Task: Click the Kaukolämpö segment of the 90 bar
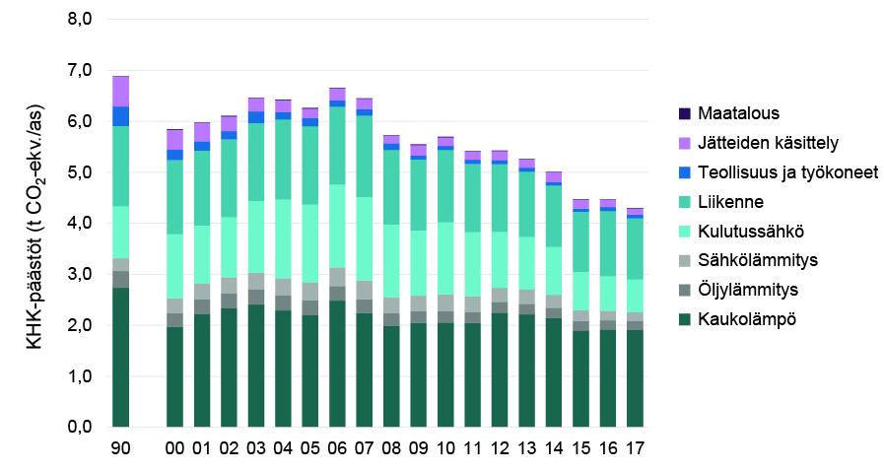pyautogui.click(x=120, y=357)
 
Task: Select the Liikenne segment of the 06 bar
pyautogui.click(x=337, y=145)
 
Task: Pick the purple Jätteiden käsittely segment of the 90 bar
pyautogui.click(x=120, y=92)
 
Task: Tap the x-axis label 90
pyautogui.click(x=120, y=448)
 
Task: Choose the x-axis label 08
pyautogui.click(x=392, y=448)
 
